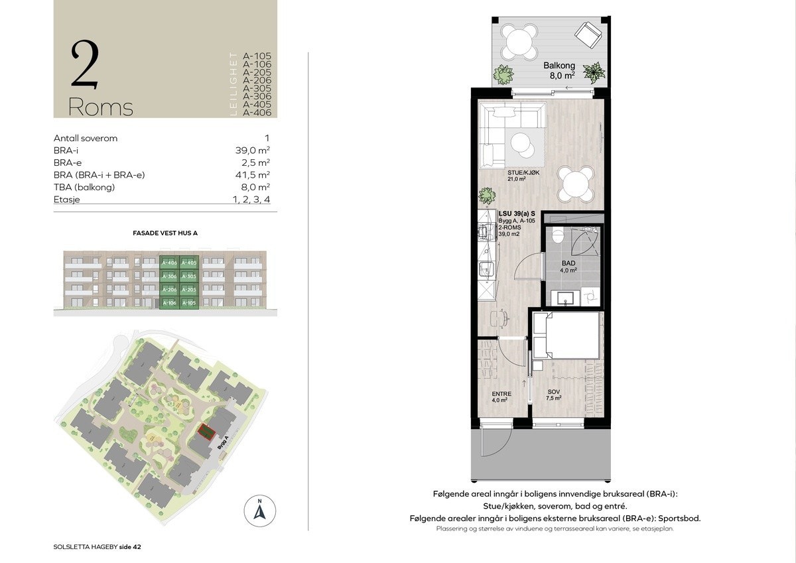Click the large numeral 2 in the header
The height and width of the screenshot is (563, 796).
point(85,64)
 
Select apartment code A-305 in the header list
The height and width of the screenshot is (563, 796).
point(257,88)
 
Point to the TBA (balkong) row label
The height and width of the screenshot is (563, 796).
point(84,187)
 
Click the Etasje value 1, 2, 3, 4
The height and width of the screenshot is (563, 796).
point(251,199)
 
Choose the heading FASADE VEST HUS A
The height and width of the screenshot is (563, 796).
point(165,233)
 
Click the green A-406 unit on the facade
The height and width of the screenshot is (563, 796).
point(169,263)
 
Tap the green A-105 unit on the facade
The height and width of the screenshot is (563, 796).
point(190,302)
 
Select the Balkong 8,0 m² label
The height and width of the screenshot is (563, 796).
point(559,71)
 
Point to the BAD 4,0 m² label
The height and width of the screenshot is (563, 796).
point(569,267)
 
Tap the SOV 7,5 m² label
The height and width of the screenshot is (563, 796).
point(553,395)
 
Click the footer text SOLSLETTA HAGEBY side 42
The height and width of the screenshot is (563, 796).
point(98,547)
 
